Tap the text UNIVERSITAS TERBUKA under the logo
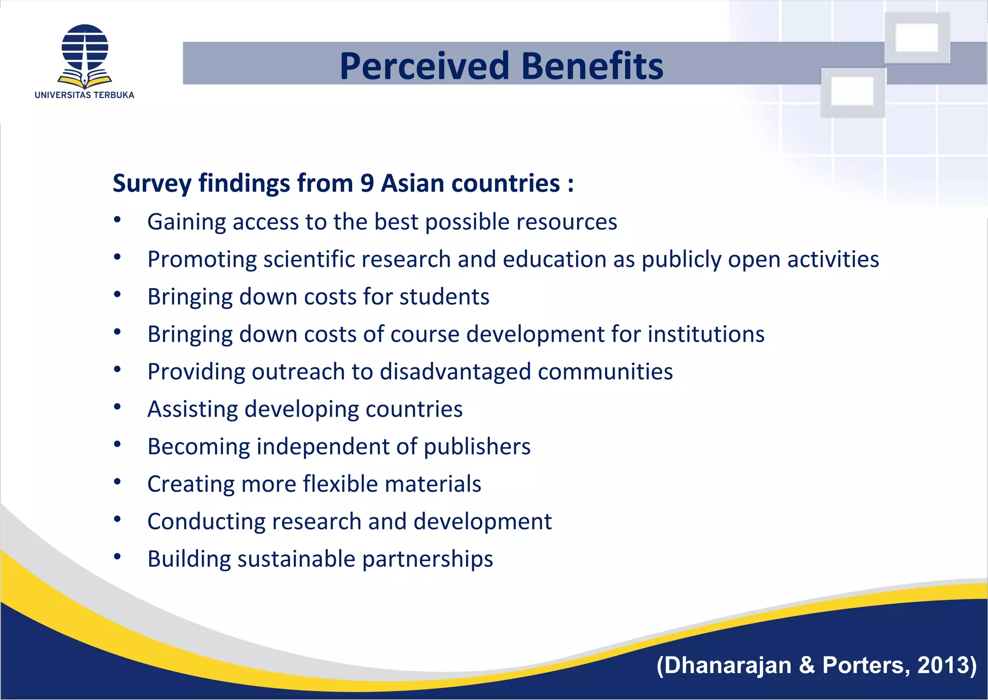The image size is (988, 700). pyautogui.click(x=84, y=95)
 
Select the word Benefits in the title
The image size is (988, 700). pyautogui.click(x=592, y=66)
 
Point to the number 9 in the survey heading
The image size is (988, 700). pyautogui.click(x=367, y=183)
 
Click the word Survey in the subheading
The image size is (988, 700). pyautogui.click(x=152, y=184)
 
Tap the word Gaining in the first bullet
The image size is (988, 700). pyautogui.click(x=187, y=222)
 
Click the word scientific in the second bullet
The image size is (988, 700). pyautogui.click(x=309, y=259)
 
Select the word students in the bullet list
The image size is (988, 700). pyautogui.click(x=444, y=297)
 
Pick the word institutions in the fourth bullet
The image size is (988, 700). pyautogui.click(x=706, y=334)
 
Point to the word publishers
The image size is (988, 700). pyautogui.click(x=477, y=447)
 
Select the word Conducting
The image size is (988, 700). pyautogui.click(x=206, y=521)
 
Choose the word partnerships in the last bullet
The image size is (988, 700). pyautogui.click(x=427, y=559)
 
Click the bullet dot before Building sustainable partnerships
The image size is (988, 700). pyautogui.click(x=117, y=557)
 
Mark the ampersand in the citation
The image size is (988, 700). pyautogui.click(x=807, y=665)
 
